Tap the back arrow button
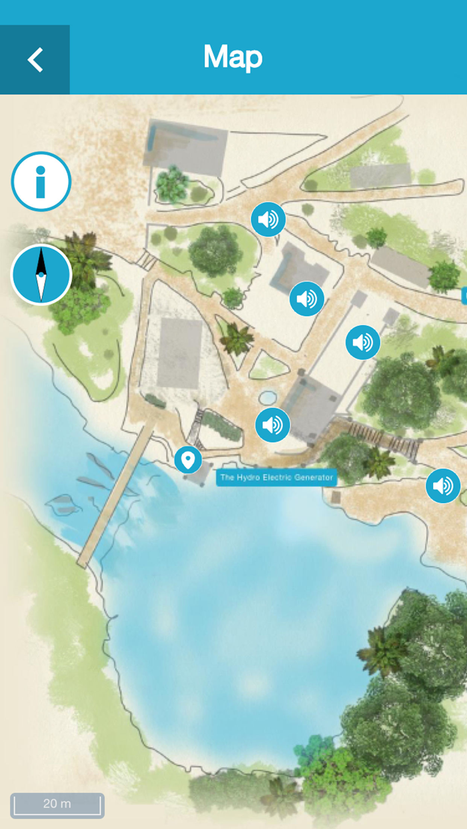tap(35, 60)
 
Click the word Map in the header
tap(233, 57)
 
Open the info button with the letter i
tap(41, 181)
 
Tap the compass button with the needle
tap(41, 274)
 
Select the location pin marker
tap(188, 459)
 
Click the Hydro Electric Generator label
tap(276, 477)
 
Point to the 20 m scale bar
tap(57, 804)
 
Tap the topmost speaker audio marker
tap(268, 219)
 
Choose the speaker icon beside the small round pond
tap(273, 425)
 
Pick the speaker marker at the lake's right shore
tap(443, 486)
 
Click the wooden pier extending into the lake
tap(115, 497)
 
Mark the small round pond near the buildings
tap(268, 398)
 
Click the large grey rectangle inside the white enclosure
tap(179, 353)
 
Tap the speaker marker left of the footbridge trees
tap(363, 343)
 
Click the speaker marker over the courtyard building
tap(307, 299)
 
